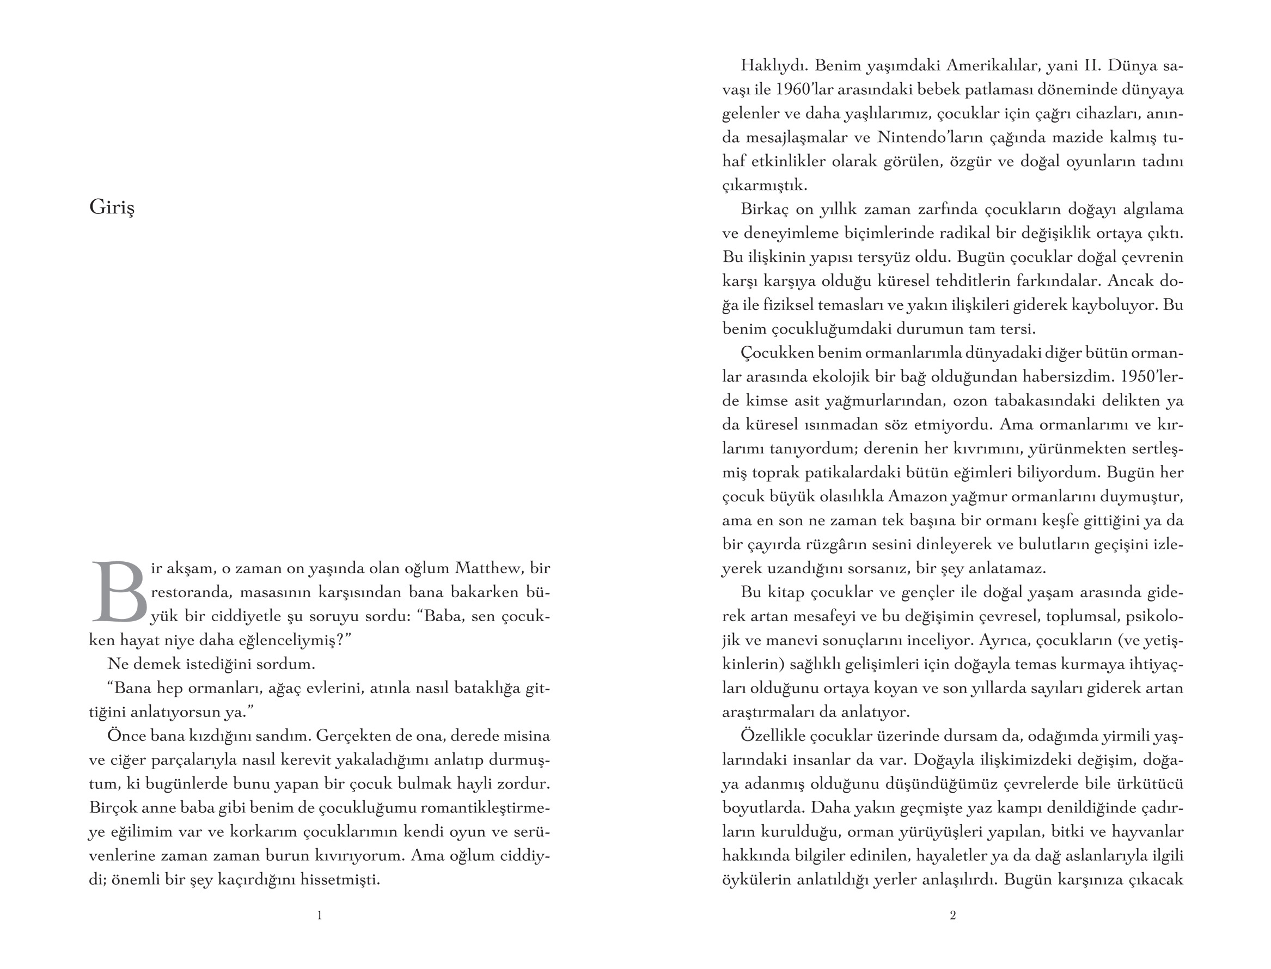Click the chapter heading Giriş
112,207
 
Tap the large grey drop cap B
120,592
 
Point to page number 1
320,915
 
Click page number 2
952,915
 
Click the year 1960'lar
802,90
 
